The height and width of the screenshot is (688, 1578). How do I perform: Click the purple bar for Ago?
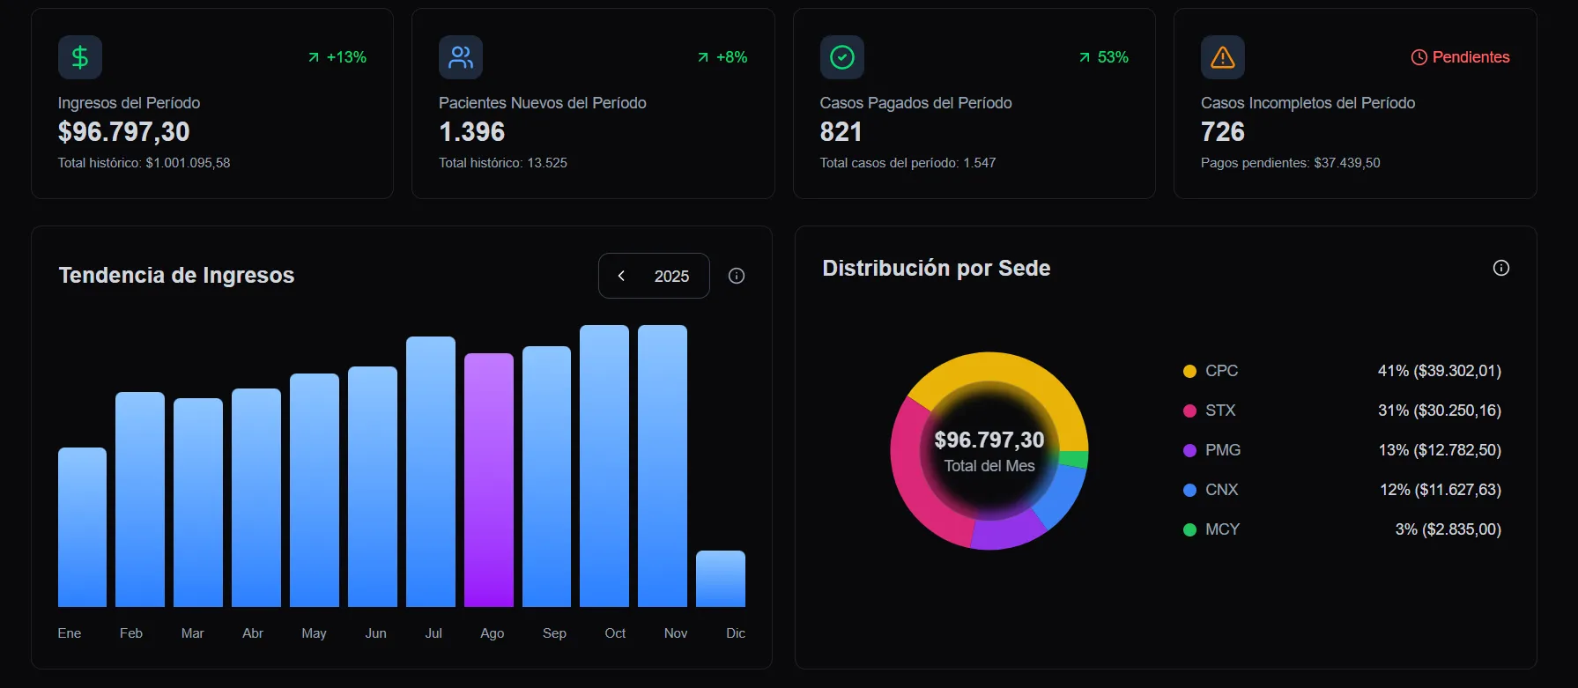tap(489, 480)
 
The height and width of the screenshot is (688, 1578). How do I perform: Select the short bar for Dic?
tap(721, 579)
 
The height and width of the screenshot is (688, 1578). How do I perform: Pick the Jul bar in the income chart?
tap(431, 471)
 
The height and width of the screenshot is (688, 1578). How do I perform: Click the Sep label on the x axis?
tap(554, 633)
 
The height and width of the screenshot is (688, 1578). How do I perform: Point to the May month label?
tap(314, 633)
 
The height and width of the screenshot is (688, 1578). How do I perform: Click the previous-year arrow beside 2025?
tap(621, 276)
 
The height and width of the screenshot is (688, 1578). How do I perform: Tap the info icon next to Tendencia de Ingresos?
tap(737, 276)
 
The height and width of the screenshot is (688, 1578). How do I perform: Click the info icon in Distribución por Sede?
tap(1501, 268)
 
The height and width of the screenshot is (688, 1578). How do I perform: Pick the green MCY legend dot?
tap(1189, 529)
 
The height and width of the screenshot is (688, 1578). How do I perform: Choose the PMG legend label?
tap(1223, 450)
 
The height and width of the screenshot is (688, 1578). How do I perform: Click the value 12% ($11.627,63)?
tap(1440, 490)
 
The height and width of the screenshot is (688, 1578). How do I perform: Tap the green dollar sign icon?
tap(80, 57)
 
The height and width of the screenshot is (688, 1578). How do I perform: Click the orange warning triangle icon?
tap(1223, 57)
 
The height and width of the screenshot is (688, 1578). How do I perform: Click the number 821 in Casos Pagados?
tap(841, 132)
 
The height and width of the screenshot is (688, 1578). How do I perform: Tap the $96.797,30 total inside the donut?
tap(989, 440)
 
